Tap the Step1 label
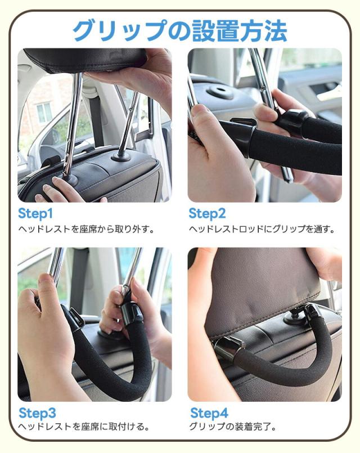tap(35, 214)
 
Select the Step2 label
tap(207, 214)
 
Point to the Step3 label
tap(37, 412)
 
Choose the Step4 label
tap(209, 412)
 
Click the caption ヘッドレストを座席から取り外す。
tap(87, 229)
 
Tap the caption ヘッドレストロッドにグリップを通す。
tap(262, 229)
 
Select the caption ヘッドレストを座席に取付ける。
tap(84, 427)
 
